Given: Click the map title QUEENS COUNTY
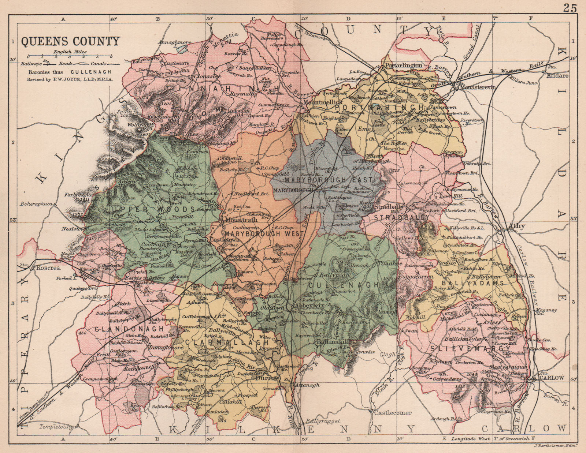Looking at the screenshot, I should tap(70, 41).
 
